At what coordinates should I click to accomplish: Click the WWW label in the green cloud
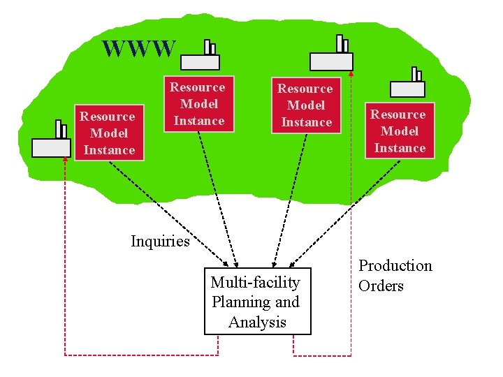pos(138,49)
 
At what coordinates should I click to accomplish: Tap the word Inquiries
pos(160,242)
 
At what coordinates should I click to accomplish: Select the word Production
pos(395,266)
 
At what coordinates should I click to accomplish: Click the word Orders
pos(381,286)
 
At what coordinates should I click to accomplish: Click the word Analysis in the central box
pos(257,322)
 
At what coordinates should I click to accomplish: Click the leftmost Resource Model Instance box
pos(109,133)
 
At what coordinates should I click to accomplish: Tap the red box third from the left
pos(306,105)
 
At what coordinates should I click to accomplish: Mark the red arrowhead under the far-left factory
pos(65,159)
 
